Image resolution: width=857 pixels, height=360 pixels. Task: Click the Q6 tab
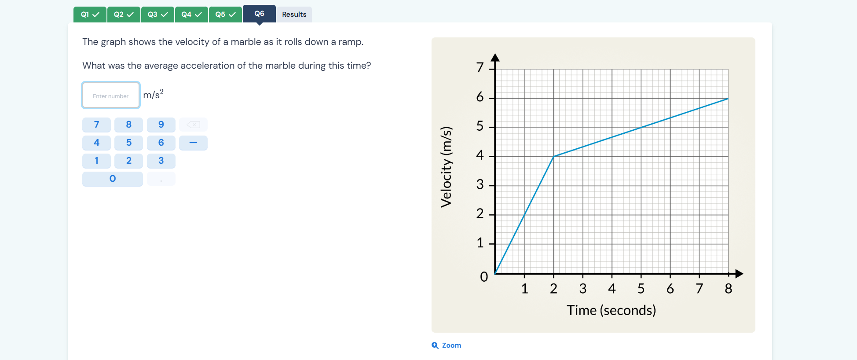[x=259, y=14]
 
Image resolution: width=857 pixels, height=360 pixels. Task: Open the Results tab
[x=294, y=15]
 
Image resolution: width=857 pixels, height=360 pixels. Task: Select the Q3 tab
[x=157, y=15]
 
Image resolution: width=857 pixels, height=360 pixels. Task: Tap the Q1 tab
[x=90, y=15]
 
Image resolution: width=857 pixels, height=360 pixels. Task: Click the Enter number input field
[x=111, y=96]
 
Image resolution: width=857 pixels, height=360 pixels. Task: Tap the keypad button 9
[x=161, y=125]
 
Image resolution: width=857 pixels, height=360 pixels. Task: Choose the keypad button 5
[x=128, y=143]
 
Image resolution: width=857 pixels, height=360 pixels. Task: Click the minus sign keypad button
[x=193, y=143]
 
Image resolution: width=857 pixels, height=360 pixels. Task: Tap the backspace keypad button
[x=193, y=125]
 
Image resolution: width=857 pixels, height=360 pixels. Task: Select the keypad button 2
[x=128, y=161]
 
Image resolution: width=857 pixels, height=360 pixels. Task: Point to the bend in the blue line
[x=553, y=156]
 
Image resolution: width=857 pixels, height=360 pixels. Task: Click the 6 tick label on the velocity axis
[x=480, y=97]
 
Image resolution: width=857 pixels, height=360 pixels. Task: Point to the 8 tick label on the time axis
[x=729, y=289]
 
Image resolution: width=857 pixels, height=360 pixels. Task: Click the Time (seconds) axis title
[x=611, y=310]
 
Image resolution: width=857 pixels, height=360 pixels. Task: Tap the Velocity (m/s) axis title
[x=446, y=167]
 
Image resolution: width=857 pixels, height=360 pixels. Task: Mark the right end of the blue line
[x=728, y=99]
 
